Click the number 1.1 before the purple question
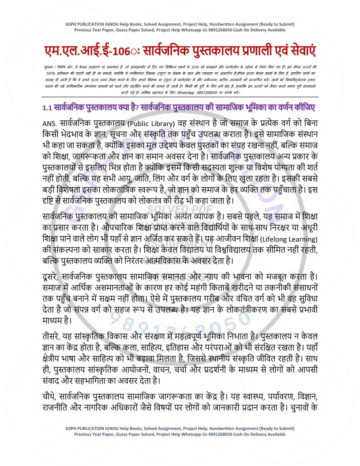[x=48, y=108]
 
